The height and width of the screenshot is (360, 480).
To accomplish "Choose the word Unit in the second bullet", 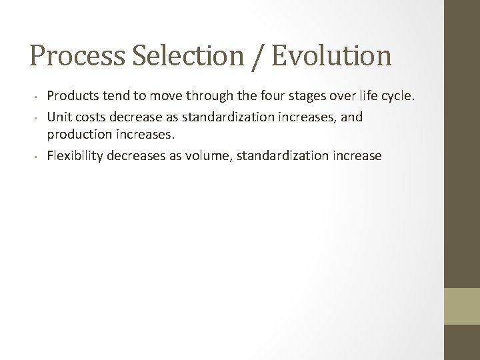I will click(58, 117).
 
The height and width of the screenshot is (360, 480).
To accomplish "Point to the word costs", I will click(88, 117).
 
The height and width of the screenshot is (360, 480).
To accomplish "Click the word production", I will click(77, 136).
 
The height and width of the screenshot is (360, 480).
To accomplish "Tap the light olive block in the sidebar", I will click(462, 307).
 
